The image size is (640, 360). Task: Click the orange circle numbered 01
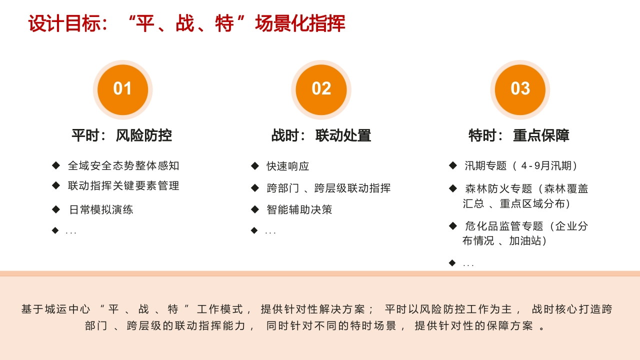[122, 89]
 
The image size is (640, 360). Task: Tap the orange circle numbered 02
[321, 89]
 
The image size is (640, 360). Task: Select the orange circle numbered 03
[520, 89]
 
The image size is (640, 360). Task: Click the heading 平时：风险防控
[121, 135]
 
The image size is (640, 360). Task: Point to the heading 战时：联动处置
[321, 135]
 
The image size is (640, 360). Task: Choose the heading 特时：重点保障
[519, 135]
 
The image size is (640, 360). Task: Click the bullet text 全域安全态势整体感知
[123, 165]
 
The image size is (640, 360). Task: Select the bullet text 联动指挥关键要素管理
[123, 185]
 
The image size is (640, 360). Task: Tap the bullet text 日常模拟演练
[101, 209]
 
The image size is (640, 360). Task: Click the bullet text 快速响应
[288, 166]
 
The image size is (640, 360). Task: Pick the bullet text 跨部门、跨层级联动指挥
[328, 188]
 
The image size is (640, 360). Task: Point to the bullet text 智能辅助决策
[299, 209]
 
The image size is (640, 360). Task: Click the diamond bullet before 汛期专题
[453, 165]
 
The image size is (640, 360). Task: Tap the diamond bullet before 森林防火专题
[453, 188]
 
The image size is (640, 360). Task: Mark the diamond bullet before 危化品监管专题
[453, 225]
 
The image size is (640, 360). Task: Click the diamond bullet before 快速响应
[254, 165]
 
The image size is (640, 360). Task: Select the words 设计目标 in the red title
[64, 23]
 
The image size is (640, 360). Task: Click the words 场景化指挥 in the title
[300, 23]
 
